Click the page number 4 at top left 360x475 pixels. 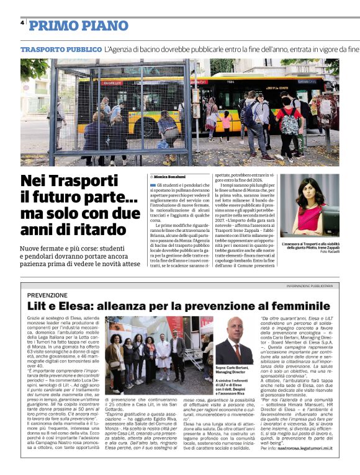[22, 22]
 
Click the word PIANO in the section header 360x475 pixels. [102, 25]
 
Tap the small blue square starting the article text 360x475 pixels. [153, 185]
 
